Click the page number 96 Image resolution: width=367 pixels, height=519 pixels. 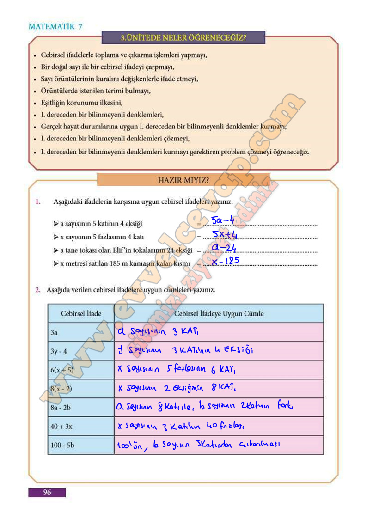click(x=47, y=492)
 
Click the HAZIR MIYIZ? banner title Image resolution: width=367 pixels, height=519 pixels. click(x=183, y=180)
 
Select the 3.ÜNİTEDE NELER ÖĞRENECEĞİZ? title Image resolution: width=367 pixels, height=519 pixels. click(x=183, y=37)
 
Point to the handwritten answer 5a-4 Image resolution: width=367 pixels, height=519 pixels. click(x=223, y=220)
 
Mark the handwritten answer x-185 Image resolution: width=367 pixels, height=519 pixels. click(x=226, y=262)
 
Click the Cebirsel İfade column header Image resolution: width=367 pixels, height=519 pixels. click(x=81, y=313)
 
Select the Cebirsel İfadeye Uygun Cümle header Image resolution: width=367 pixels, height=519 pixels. click(x=219, y=313)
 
